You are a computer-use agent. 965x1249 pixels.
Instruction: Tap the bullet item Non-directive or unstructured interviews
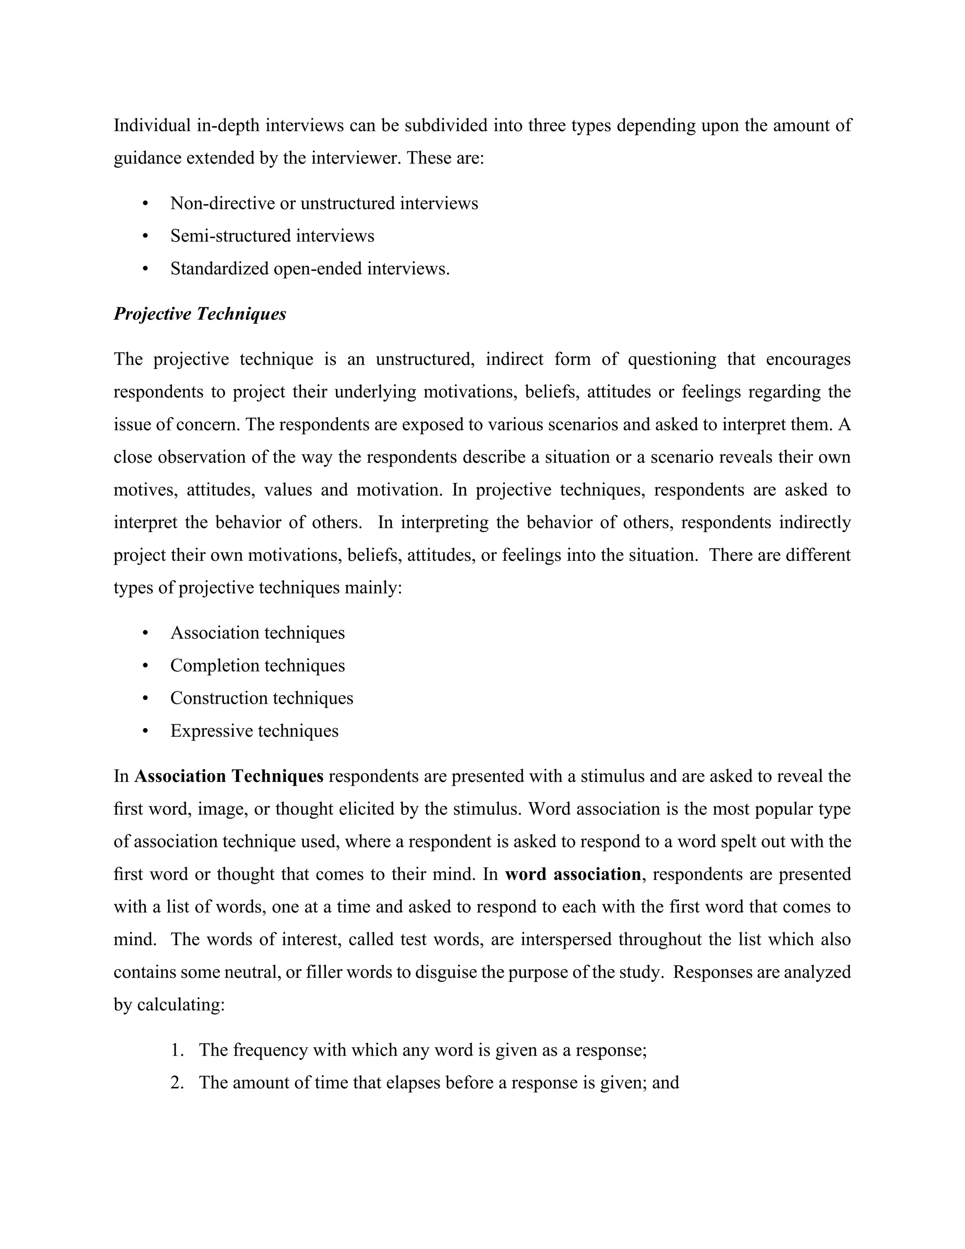point(324,204)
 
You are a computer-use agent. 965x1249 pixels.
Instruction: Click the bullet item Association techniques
point(257,633)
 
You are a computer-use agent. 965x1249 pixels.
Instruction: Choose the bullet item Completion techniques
point(257,666)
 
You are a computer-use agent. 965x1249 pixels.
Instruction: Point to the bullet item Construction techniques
point(261,698)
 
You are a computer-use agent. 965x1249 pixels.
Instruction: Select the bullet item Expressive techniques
point(254,731)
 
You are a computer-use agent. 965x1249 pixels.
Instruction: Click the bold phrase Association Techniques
point(229,777)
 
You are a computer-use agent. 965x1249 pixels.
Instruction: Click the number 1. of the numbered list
point(177,1051)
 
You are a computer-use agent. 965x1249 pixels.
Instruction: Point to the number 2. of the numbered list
point(177,1083)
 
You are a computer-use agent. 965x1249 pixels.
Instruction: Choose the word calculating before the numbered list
point(180,1005)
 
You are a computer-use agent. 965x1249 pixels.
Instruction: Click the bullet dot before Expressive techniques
point(145,731)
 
